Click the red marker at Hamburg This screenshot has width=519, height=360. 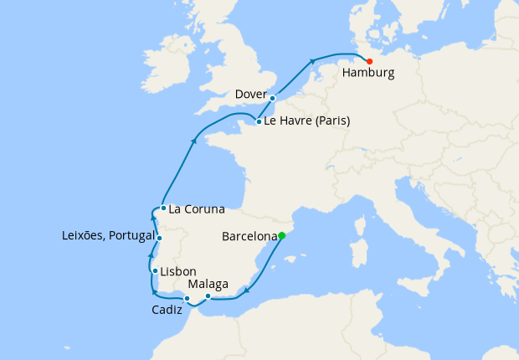pos(369,60)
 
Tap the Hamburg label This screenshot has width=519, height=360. pos(367,74)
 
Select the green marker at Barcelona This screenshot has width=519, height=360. pos(281,235)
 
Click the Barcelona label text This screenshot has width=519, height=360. pos(249,237)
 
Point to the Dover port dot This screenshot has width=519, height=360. pos(273,98)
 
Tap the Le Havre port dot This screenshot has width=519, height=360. pos(259,121)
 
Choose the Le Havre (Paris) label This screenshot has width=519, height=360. pos(308,121)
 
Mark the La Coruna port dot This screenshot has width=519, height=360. pos(162,208)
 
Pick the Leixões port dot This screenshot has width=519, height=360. pos(159,239)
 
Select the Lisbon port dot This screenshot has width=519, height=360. pos(156,270)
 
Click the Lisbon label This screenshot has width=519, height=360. pos(179,271)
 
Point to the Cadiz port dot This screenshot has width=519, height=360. pos(188,299)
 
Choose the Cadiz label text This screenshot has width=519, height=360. pos(167,311)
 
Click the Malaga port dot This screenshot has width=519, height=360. pos(208,296)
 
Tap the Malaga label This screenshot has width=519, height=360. pos(208,285)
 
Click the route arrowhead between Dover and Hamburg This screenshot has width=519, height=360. pos(312,60)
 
